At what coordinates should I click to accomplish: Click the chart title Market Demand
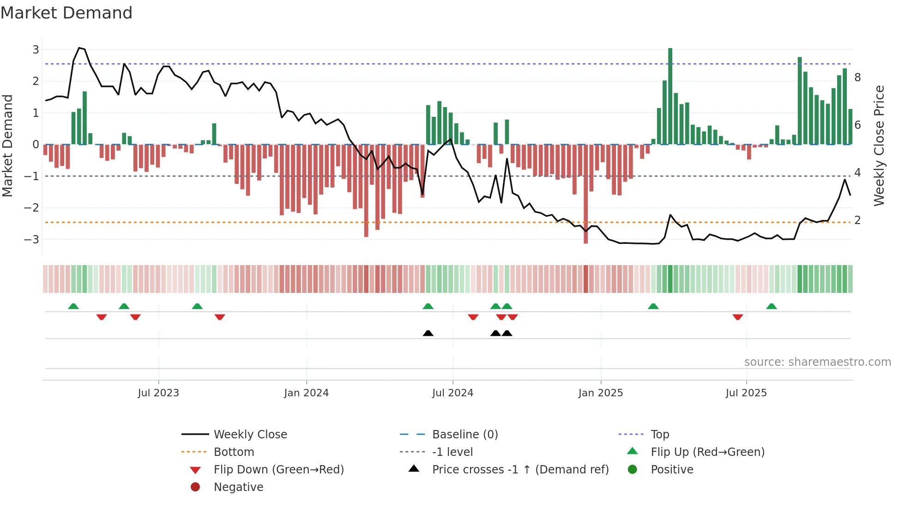pos(66,13)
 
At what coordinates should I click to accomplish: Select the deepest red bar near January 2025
pos(585,194)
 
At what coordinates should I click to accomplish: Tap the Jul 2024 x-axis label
pos(452,393)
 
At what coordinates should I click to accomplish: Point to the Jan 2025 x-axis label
pos(600,393)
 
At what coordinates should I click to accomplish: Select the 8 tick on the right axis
pos(857,78)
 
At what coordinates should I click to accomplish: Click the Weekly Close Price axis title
pos(879,145)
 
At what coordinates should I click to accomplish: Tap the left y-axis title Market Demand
pos(7,145)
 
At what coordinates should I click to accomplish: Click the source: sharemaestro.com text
pos(817,362)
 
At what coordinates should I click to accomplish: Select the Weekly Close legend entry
pos(250,435)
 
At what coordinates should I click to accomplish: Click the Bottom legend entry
pos(234,452)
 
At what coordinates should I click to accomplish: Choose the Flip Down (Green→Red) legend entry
pos(278,470)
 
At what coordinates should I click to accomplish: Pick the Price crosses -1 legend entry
pos(520,470)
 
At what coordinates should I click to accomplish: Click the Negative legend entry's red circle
pos(195,487)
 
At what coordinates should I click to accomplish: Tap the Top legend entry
pos(659,435)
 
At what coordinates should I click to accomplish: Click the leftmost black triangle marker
pos(428,333)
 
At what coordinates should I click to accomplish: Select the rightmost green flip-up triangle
pos(772,306)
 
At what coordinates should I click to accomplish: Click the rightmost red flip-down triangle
pos(738,317)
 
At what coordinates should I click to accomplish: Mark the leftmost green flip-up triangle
pos(73,306)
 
